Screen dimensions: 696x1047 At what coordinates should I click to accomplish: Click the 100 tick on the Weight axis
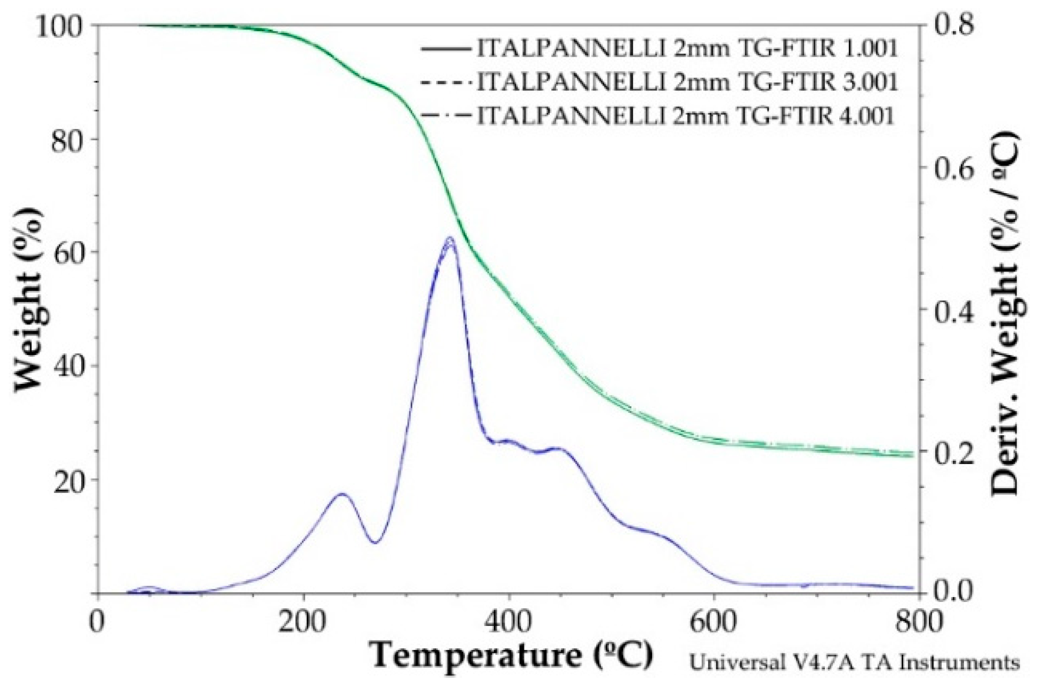coord(64,26)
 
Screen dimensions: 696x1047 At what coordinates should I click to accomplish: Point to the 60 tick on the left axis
coord(69,252)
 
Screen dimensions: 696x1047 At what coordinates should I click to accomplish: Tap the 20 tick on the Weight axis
coord(69,479)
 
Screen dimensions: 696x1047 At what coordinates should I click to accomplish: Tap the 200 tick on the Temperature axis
coord(303,622)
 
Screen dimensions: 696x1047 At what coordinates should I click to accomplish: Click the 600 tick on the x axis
coord(714,622)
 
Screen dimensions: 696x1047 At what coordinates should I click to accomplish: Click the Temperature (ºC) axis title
coord(512,655)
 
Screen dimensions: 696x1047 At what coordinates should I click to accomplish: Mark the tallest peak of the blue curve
coord(450,238)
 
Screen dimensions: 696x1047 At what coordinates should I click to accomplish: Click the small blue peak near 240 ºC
coord(341,493)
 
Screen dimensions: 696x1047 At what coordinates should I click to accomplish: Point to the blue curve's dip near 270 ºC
coord(376,542)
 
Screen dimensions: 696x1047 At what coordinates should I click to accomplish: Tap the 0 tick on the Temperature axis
coord(98,622)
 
